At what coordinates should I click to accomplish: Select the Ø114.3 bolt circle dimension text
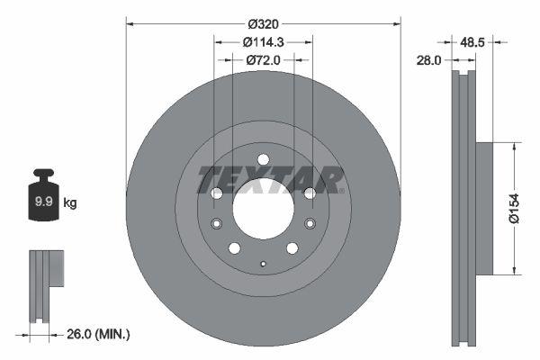[x=263, y=41]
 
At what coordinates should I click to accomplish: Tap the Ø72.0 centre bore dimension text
[x=263, y=59]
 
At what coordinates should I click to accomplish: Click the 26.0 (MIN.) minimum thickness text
[x=99, y=335]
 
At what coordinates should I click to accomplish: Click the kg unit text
[x=70, y=203]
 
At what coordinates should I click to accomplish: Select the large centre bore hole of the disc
[x=263, y=208]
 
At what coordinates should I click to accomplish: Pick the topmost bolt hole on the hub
[x=263, y=159]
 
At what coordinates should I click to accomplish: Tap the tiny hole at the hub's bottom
[x=262, y=264]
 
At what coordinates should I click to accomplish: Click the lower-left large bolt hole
[x=234, y=248]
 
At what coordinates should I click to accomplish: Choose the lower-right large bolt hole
[x=292, y=248]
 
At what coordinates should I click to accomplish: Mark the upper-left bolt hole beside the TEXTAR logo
[x=216, y=193]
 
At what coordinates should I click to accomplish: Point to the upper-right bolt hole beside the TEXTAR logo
[x=310, y=193]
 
